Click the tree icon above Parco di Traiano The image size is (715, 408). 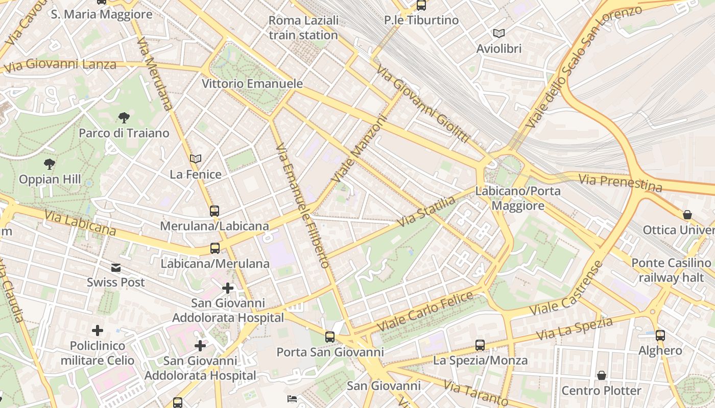click(124, 118)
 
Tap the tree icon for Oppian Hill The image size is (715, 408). click(50, 164)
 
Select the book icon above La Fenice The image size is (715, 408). click(196, 159)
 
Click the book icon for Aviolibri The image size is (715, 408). click(498, 33)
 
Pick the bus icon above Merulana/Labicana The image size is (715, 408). click(214, 211)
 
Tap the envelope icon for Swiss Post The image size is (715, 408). click(116, 267)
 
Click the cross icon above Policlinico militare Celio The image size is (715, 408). click(98, 330)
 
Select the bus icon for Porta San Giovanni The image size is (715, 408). click(330, 337)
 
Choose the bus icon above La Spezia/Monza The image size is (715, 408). click(480, 345)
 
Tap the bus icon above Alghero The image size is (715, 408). click(660, 335)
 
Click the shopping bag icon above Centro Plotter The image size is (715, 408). click(602, 375)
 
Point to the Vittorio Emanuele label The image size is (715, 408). click(252, 84)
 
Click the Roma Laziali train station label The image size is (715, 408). click(303, 28)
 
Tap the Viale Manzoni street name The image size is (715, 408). click(360, 148)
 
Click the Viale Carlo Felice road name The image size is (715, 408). click(425, 312)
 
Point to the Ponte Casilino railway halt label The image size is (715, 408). click(671, 270)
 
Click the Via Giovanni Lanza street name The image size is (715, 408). click(60, 65)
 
